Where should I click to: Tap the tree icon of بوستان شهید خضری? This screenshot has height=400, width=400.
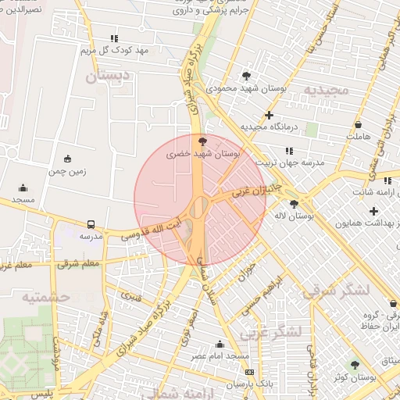[x=203, y=141]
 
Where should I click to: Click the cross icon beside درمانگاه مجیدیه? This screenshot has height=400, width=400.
[x=270, y=114]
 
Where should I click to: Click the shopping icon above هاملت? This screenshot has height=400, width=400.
[x=358, y=124]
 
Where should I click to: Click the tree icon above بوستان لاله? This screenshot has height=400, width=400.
[x=294, y=203]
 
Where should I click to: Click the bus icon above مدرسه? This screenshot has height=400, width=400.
[x=91, y=223]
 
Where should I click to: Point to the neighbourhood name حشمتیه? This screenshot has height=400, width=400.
[x=46, y=297]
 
